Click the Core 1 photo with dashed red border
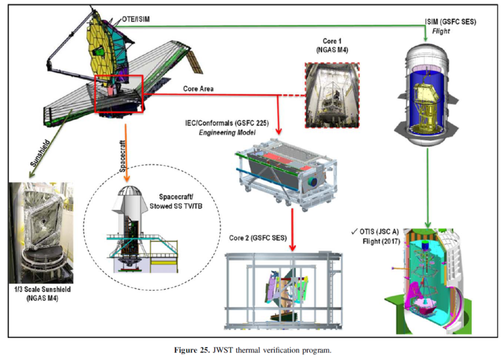click(x=332, y=95)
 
